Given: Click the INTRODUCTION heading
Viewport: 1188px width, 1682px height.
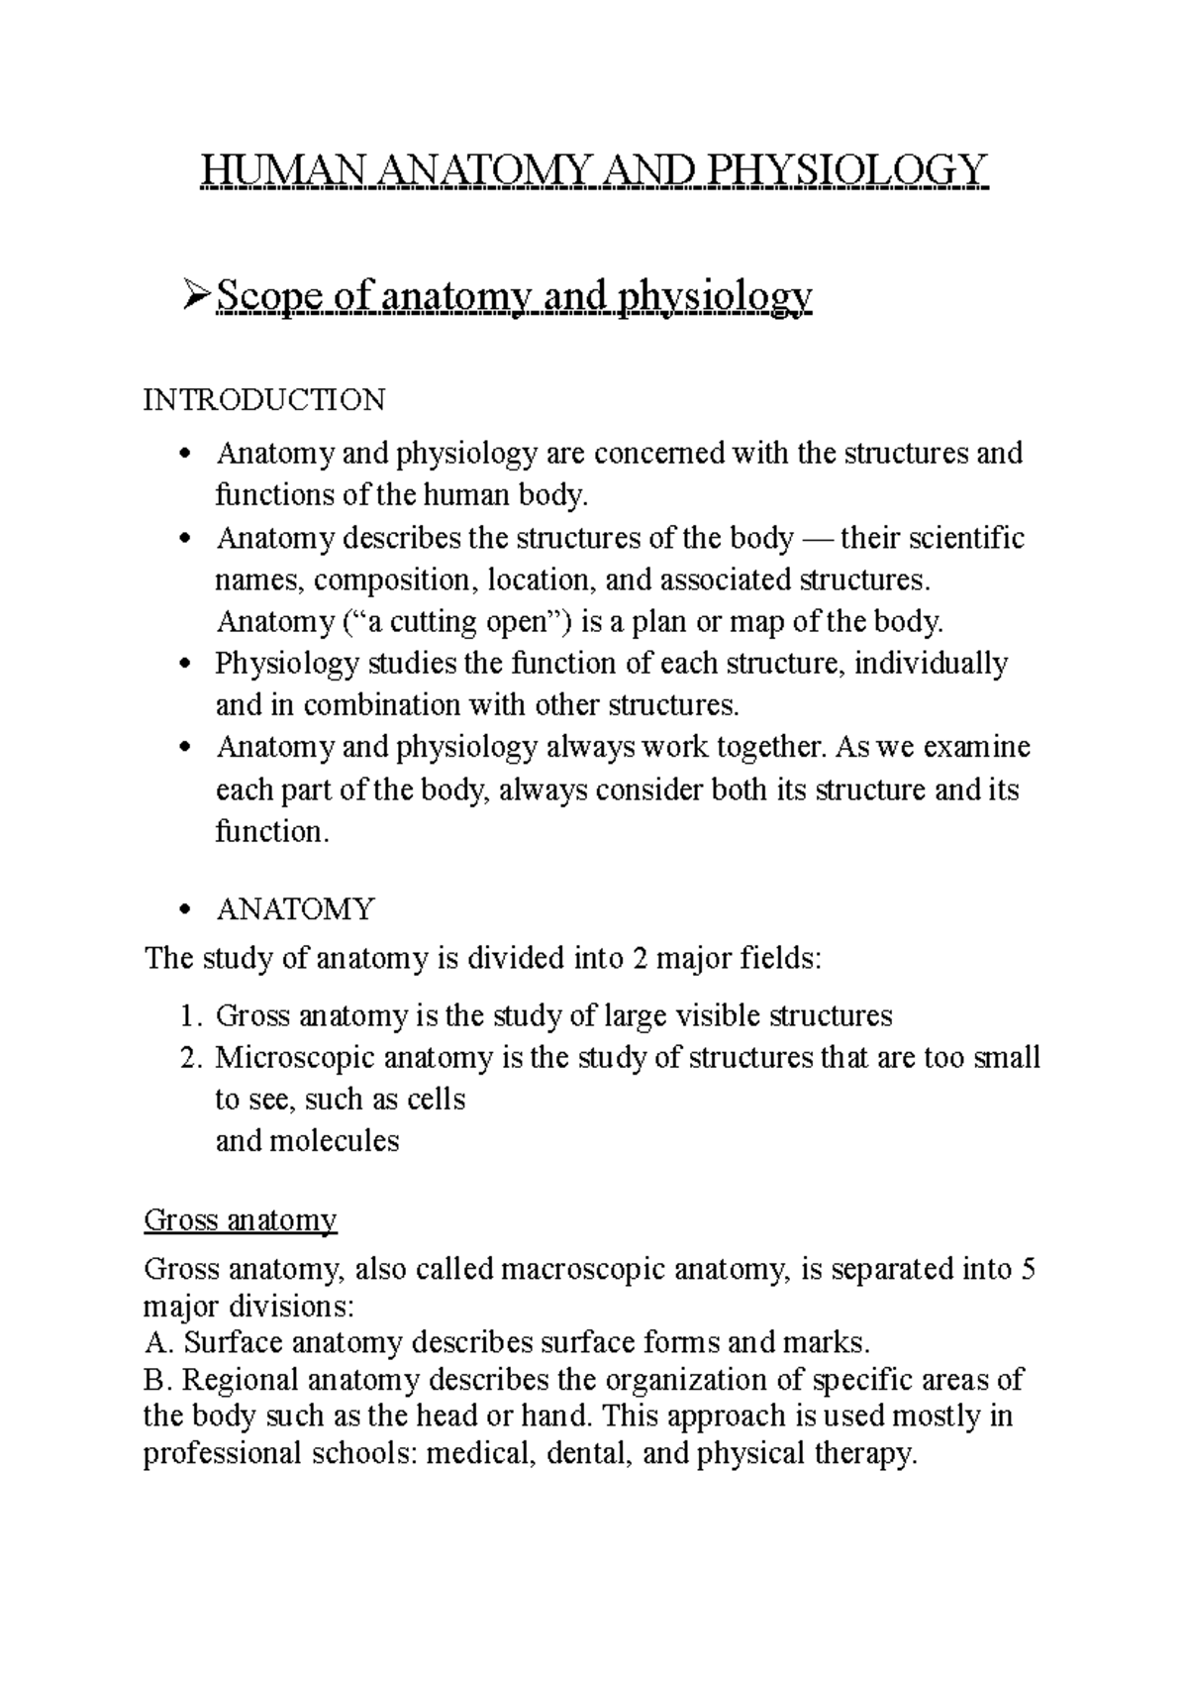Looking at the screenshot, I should (x=264, y=400).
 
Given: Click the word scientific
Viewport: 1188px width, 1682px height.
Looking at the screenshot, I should (x=965, y=538).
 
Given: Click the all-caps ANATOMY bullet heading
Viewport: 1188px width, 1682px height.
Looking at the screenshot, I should (x=294, y=908).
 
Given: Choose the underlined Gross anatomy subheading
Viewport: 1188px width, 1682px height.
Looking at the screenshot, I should (x=241, y=1219).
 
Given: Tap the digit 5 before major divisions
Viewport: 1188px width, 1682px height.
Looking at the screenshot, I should (x=1028, y=1270).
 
